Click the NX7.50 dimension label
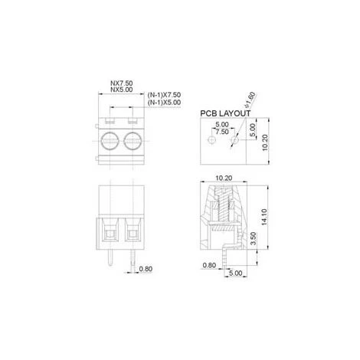(122, 83)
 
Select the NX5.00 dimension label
(122, 90)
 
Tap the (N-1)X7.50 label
(164, 95)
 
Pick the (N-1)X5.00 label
(164, 103)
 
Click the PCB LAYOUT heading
(225, 113)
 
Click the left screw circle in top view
(110, 140)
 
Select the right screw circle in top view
(133, 140)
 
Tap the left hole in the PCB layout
(211, 140)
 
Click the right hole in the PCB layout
(234, 140)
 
